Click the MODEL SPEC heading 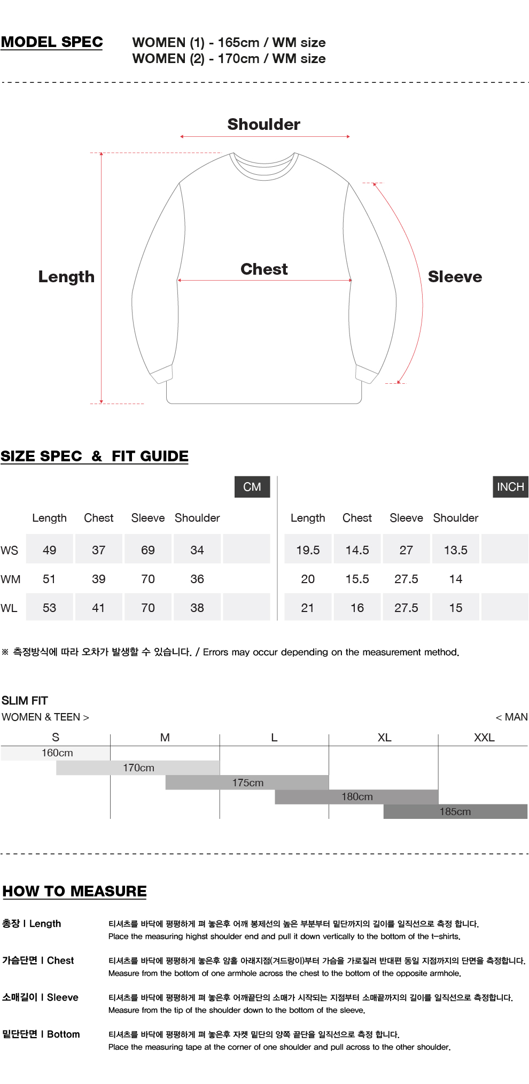coord(52,42)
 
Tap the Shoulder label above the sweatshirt coord(264,125)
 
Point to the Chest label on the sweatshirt coord(264,269)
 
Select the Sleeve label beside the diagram coord(455,277)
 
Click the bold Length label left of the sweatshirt coord(66,277)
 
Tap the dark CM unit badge coord(252,487)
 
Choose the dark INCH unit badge coord(510,487)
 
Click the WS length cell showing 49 coord(50,550)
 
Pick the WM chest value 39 coord(99,579)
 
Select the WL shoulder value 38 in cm coord(197,608)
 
